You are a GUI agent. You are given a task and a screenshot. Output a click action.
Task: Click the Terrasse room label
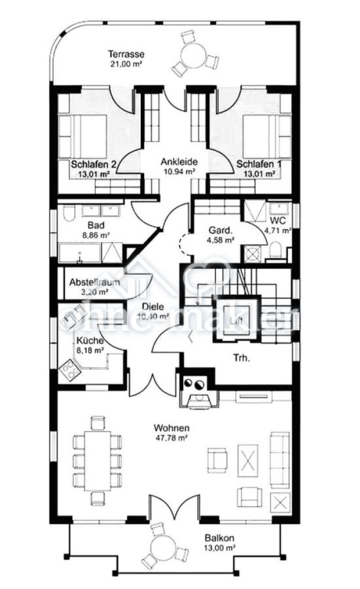point(127,54)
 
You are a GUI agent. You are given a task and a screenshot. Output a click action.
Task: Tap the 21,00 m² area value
point(127,64)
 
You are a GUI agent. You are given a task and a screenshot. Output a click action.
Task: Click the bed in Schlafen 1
point(265,135)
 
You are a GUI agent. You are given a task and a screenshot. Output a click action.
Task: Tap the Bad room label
point(78,224)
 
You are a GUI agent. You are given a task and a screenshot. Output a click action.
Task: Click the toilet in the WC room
point(276,250)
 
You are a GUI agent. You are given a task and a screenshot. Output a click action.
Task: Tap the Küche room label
point(88,341)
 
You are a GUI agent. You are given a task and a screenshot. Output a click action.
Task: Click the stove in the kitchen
point(68,371)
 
